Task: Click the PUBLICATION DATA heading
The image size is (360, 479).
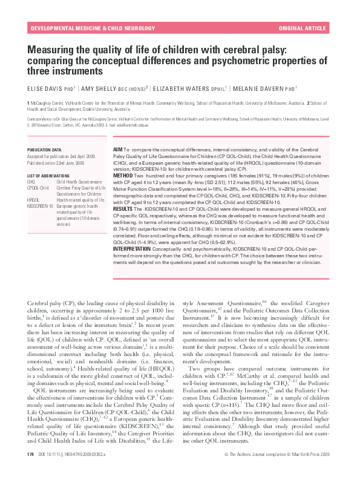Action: click(x=44, y=148)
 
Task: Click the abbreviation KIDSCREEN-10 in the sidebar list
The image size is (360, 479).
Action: click(x=39, y=205)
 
